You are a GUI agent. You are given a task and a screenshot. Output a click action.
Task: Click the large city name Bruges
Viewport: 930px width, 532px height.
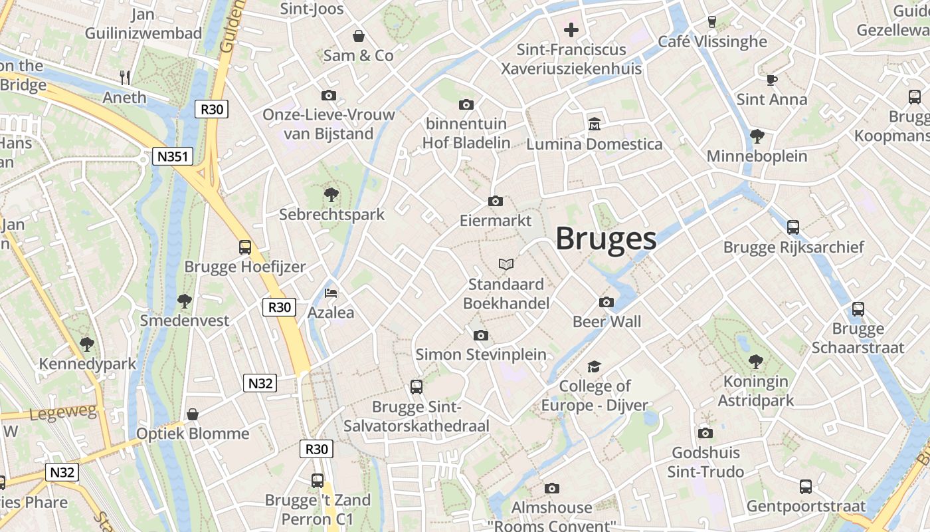coord(606,238)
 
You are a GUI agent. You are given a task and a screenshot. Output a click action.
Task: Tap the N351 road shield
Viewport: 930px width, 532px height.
coord(173,157)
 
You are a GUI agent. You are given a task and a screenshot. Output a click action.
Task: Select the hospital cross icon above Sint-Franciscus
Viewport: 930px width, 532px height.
coord(571,30)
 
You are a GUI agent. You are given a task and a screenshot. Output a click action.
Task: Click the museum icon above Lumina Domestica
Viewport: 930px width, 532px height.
coord(594,124)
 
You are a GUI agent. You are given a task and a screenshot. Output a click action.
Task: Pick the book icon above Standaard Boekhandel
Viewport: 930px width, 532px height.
coord(506,265)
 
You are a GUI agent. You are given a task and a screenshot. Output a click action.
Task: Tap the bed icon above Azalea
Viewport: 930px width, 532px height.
coord(330,293)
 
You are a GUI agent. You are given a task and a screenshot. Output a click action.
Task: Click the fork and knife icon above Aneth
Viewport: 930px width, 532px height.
coord(124,77)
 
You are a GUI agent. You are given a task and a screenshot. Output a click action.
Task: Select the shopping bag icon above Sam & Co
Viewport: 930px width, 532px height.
coord(358,36)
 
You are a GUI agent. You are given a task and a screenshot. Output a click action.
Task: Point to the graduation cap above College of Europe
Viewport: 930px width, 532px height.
coord(594,366)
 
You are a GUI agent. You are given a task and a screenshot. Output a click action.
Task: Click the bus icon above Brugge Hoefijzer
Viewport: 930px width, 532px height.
coord(245,247)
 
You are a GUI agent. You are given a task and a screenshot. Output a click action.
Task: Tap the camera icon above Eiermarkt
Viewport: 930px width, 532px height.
coord(496,201)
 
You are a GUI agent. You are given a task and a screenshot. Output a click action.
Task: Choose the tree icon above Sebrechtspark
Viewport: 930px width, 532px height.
coord(331,195)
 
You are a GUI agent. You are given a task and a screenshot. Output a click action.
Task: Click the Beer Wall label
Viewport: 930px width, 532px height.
coord(607,322)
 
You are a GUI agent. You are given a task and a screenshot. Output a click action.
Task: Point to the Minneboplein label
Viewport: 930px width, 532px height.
coord(757,156)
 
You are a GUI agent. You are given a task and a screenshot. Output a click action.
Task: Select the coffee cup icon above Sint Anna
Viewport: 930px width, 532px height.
coord(771,80)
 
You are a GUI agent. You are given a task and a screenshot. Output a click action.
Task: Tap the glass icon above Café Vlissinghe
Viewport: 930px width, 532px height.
coord(712,22)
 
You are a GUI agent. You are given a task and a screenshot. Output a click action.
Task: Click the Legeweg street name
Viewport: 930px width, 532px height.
coord(63,413)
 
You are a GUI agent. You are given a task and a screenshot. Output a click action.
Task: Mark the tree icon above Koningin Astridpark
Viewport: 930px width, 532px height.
coord(755,362)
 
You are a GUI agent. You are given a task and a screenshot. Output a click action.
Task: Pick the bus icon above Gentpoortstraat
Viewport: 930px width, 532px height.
coord(806,487)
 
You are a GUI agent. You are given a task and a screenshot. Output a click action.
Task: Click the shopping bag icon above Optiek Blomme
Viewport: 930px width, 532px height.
coord(193,414)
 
